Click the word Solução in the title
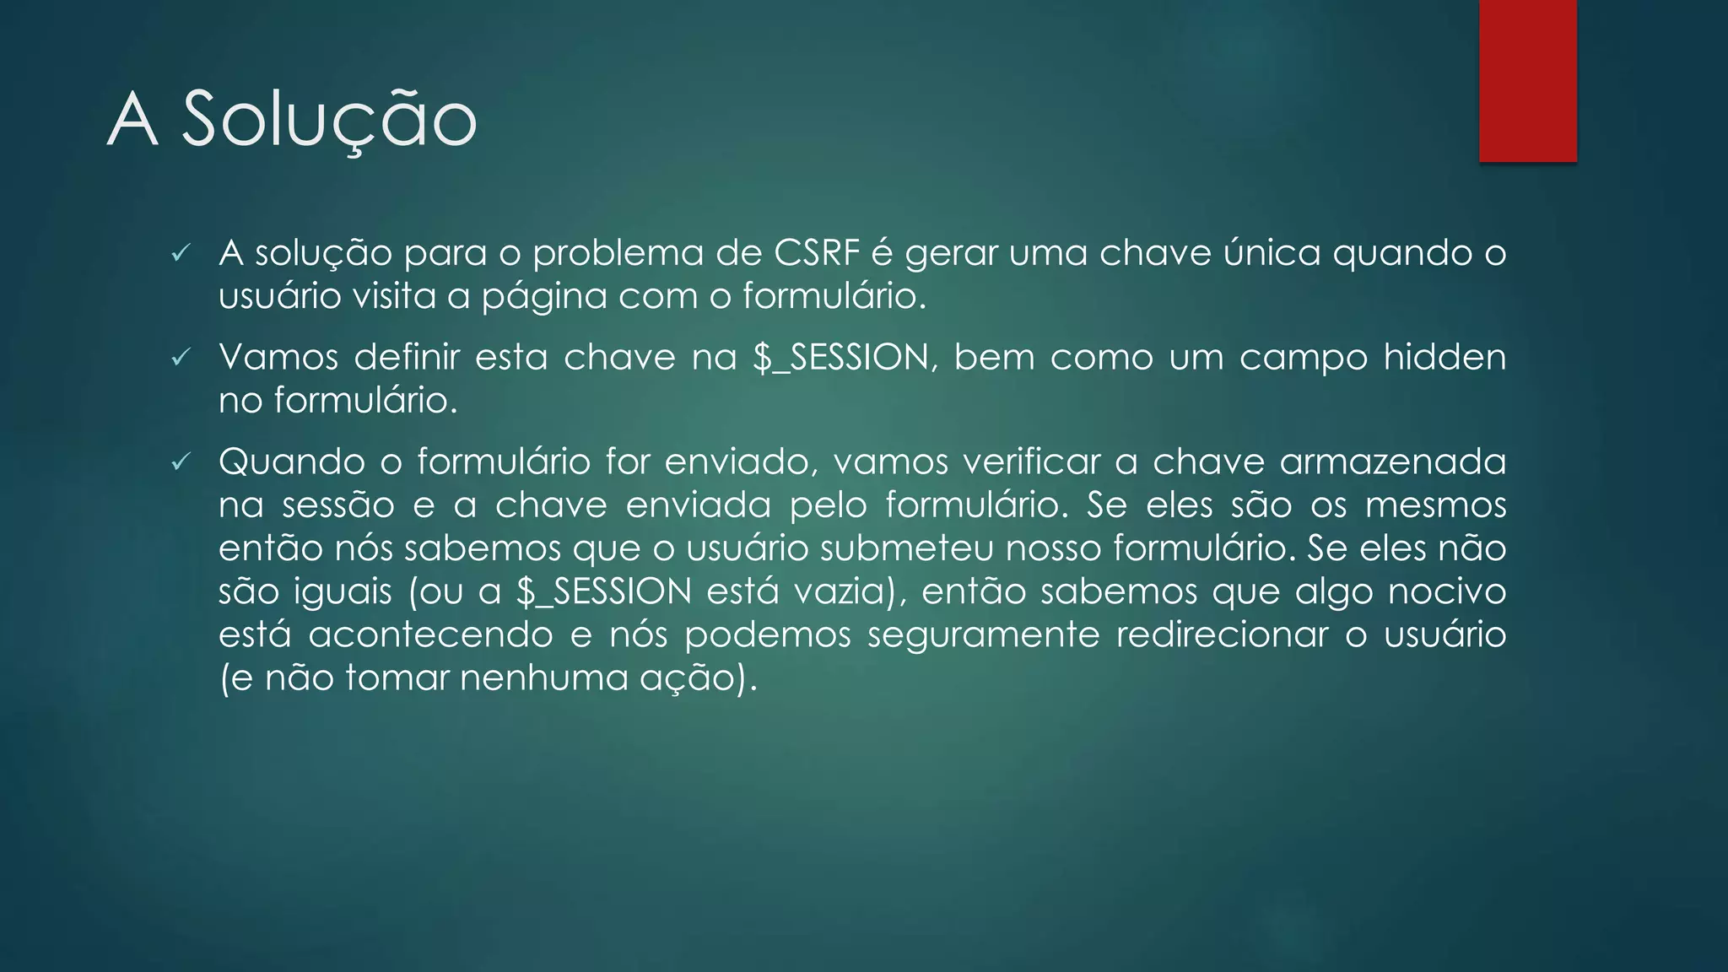tap(329, 120)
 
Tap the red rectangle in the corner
tap(1527, 81)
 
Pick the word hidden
tap(1444, 357)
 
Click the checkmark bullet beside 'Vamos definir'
tap(181, 358)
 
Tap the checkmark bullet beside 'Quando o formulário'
tap(181, 462)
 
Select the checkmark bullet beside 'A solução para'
tap(181, 253)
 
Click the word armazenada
tap(1392, 462)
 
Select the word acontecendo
tap(430, 634)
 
